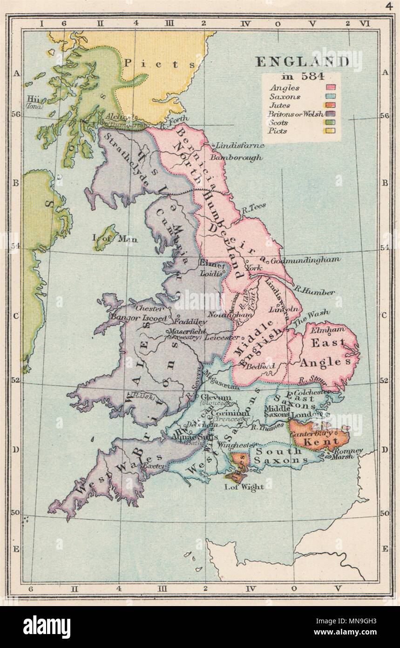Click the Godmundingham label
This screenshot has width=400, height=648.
(298, 260)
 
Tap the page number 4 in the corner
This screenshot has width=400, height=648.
(389, 6)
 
